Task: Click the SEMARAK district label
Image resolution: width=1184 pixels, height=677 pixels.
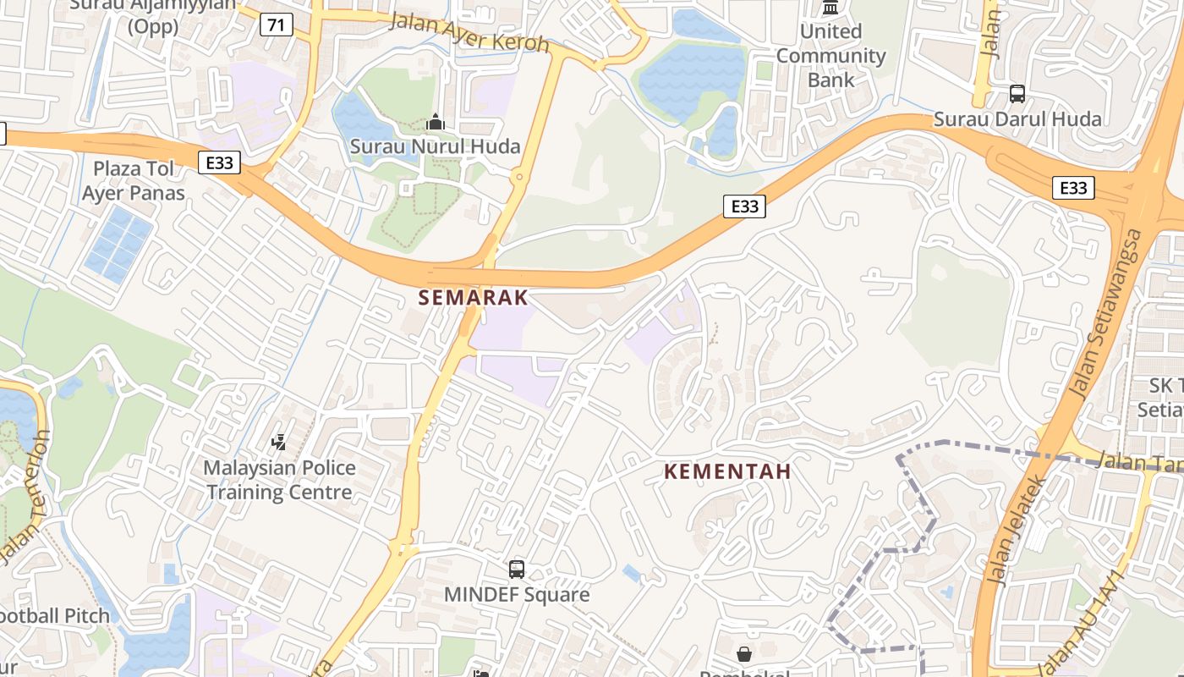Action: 474,298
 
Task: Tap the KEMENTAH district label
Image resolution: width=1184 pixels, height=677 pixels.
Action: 727,471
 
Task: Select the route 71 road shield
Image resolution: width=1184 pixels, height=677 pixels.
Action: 276,25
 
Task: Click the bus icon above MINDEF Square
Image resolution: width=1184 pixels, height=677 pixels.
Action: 517,570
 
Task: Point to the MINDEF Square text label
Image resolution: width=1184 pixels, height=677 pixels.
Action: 517,595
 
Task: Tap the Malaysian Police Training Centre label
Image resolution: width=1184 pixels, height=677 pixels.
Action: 279,480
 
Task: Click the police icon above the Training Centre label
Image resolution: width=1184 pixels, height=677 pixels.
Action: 278,442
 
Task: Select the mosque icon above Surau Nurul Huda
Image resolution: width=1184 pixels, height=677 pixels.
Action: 436,123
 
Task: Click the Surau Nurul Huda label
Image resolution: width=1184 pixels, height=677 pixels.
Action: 436,146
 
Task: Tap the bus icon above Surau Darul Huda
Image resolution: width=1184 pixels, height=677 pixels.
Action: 1017,94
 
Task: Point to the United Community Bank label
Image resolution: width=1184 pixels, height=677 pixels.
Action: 830,56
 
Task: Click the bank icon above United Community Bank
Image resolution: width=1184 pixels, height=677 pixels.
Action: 830,8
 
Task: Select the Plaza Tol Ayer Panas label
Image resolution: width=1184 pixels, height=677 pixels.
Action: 134,180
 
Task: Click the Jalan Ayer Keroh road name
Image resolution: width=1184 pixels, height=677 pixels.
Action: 469,32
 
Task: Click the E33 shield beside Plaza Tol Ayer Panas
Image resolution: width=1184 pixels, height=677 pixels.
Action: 219,162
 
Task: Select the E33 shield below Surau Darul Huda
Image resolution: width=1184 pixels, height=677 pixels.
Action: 1073,188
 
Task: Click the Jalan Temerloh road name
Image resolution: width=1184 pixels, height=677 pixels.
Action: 22,499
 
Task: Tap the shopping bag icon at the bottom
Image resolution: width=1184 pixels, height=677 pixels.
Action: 744,653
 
